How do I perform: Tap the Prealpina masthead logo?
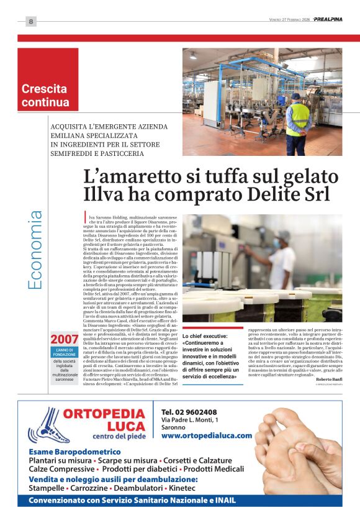[327, 19]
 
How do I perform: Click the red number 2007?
[65, 340]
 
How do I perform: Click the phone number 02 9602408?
[189, 412]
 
